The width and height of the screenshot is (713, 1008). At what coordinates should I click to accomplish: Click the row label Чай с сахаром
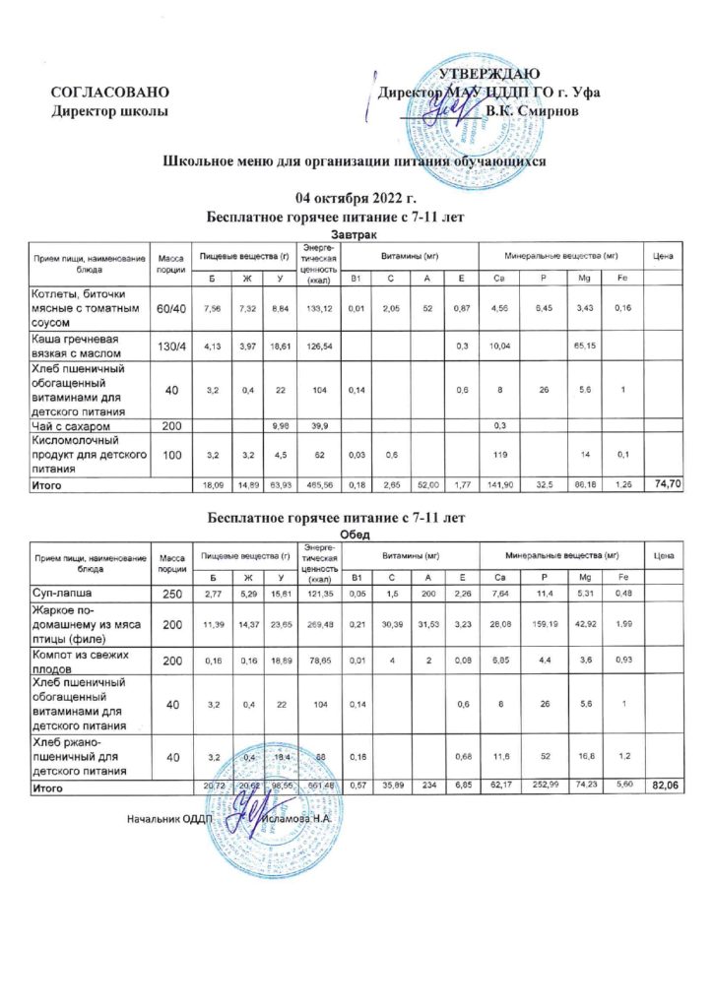click(76, 425)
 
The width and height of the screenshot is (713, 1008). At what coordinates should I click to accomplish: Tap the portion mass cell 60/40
click(170, 309)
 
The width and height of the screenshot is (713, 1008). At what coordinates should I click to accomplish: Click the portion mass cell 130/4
click(170, 346)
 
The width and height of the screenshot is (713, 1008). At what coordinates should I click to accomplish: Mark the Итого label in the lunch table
click(48, 788)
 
